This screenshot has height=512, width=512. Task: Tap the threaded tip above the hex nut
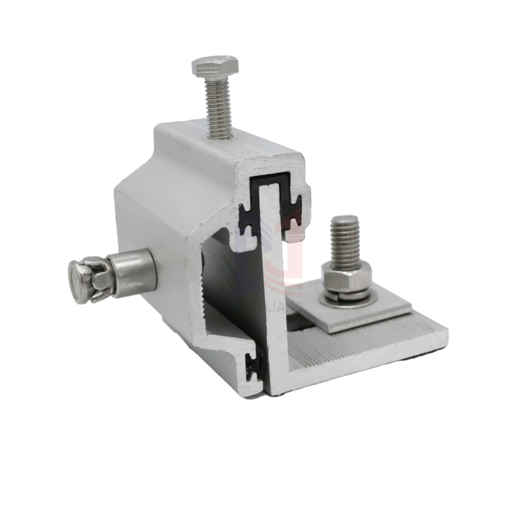click(x=346, y=240)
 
